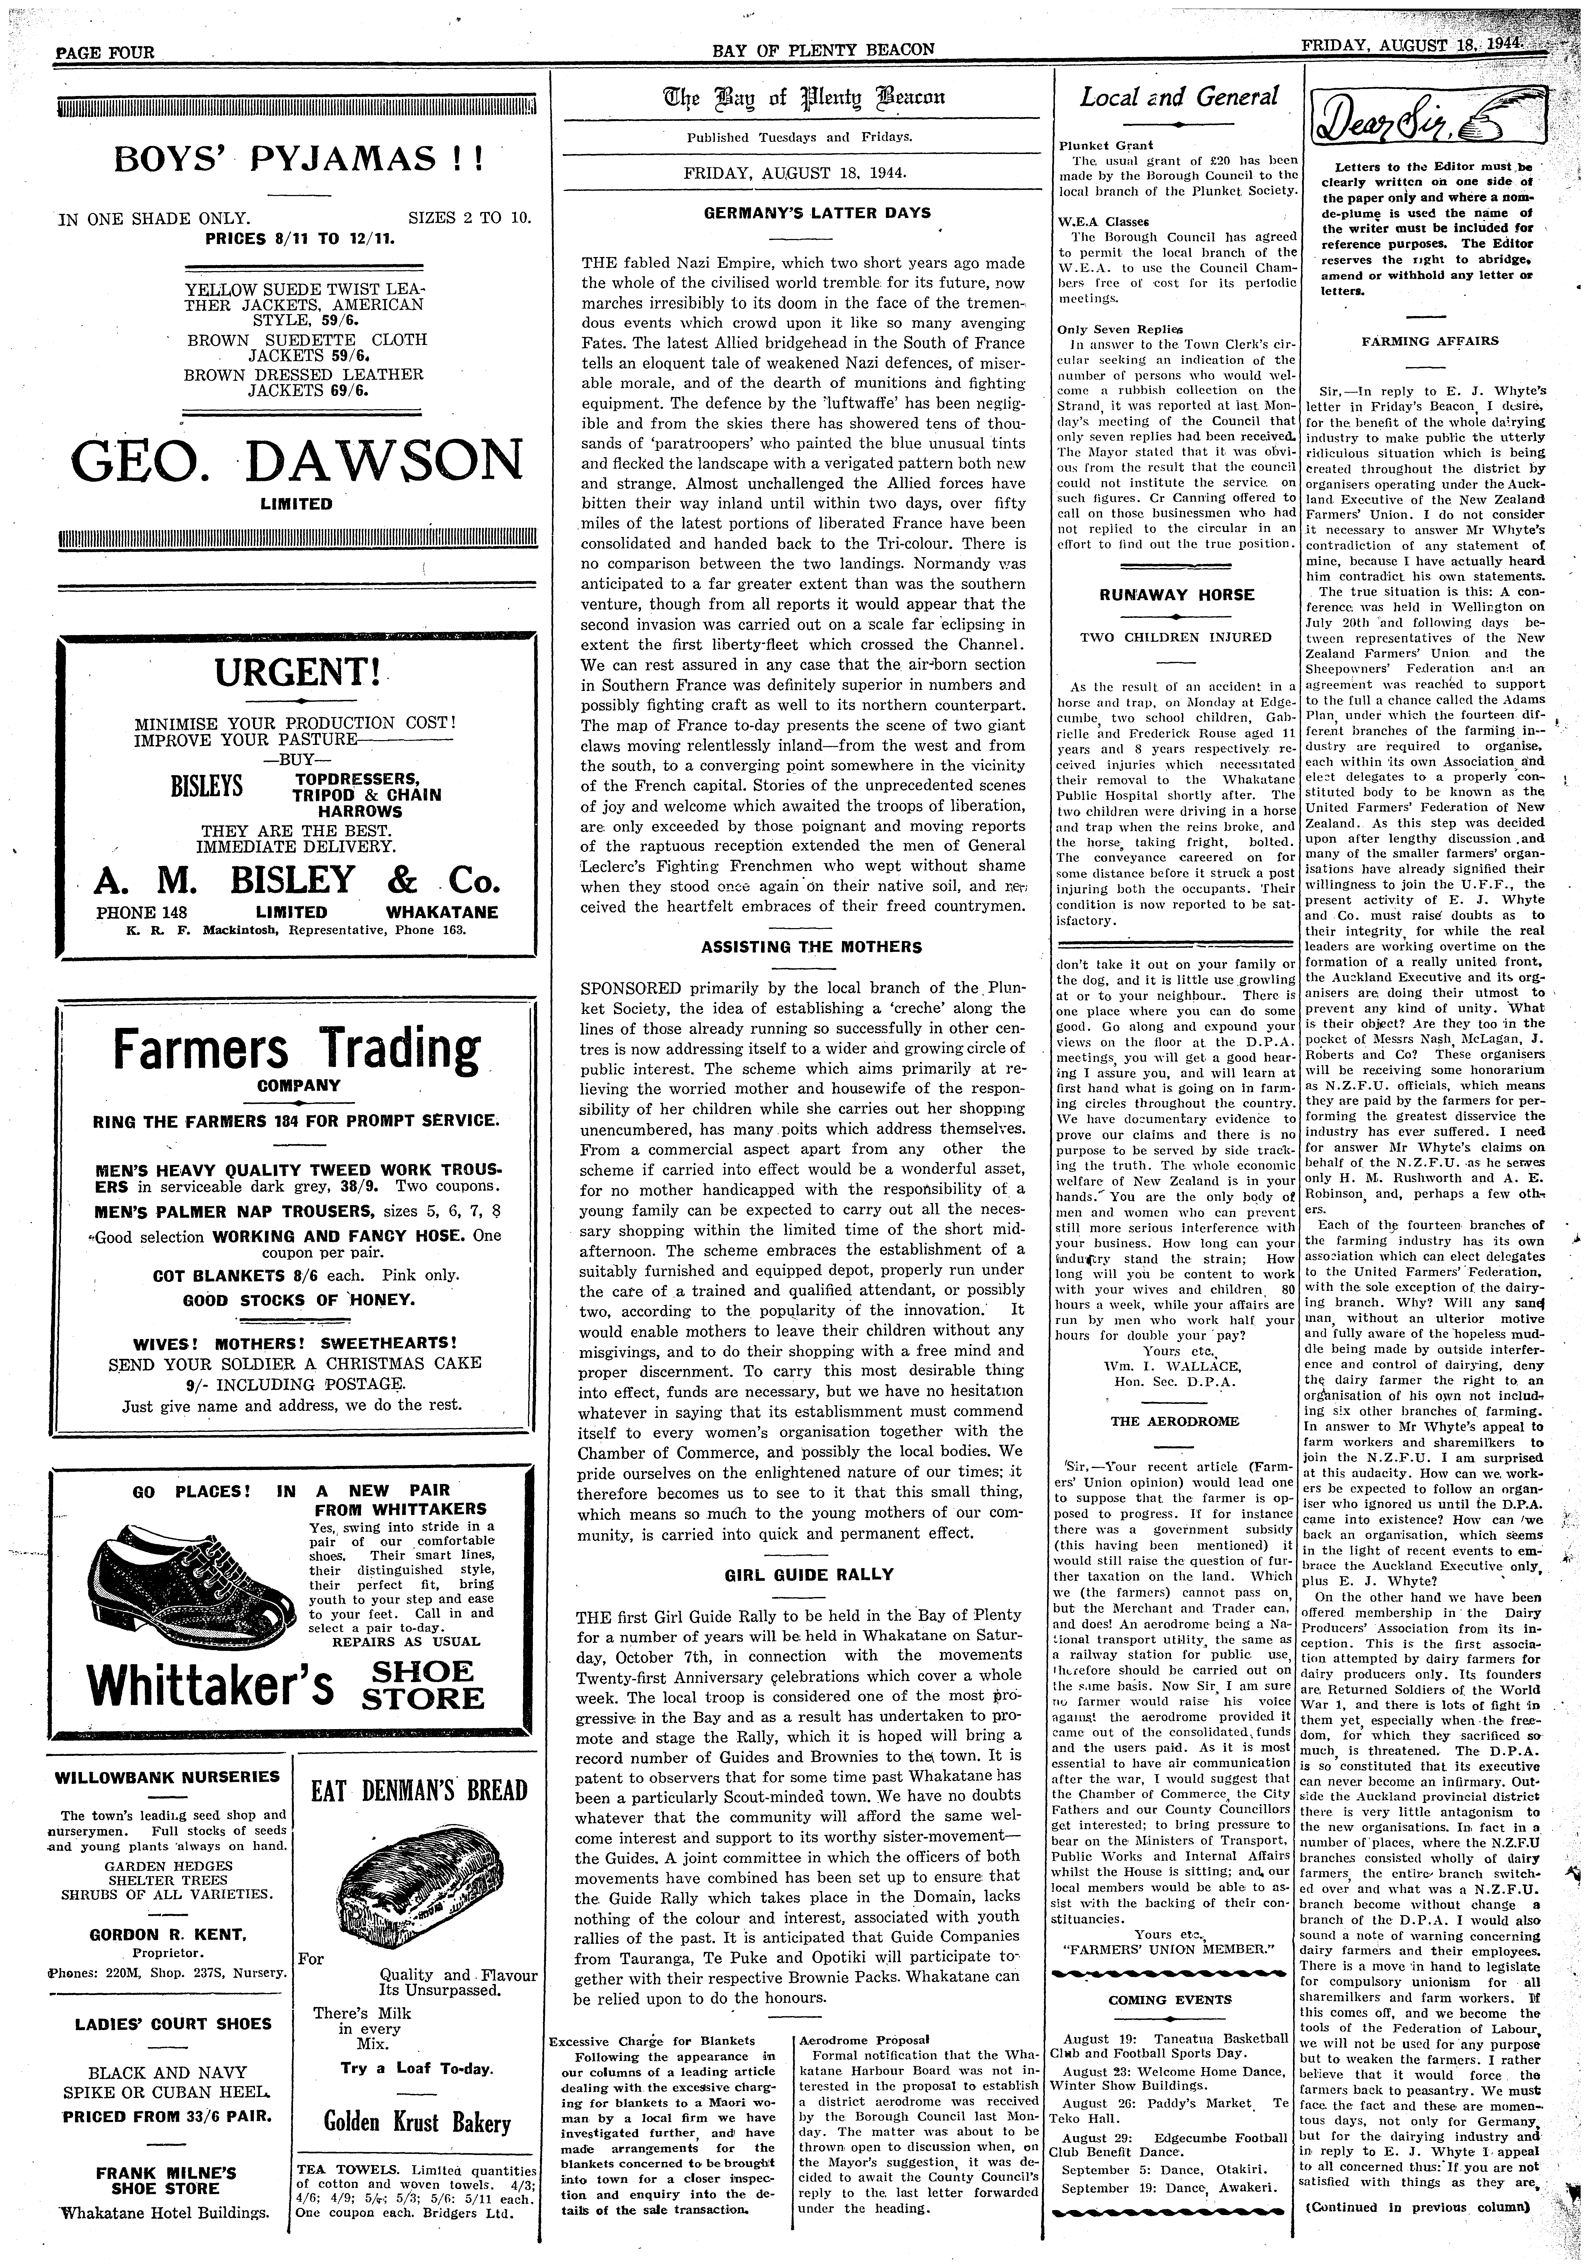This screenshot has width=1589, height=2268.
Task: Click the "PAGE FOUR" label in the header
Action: [105, 51]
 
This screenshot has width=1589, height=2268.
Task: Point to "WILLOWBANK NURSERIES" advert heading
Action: [168, 1776]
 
